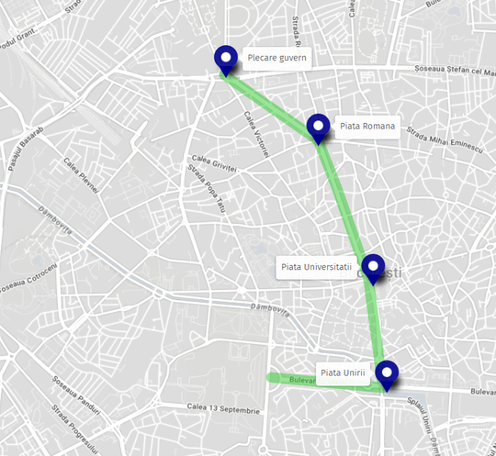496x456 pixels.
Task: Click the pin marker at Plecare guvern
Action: (x=225, y=60)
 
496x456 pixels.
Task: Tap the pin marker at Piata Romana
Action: (x=318, y=128)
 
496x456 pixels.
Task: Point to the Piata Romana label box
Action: (x=366, y=126)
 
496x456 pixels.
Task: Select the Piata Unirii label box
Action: (x=344, y=372)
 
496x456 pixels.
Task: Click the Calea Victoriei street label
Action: (x=254, y=133)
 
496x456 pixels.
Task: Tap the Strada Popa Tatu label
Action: (x=206, y=188)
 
